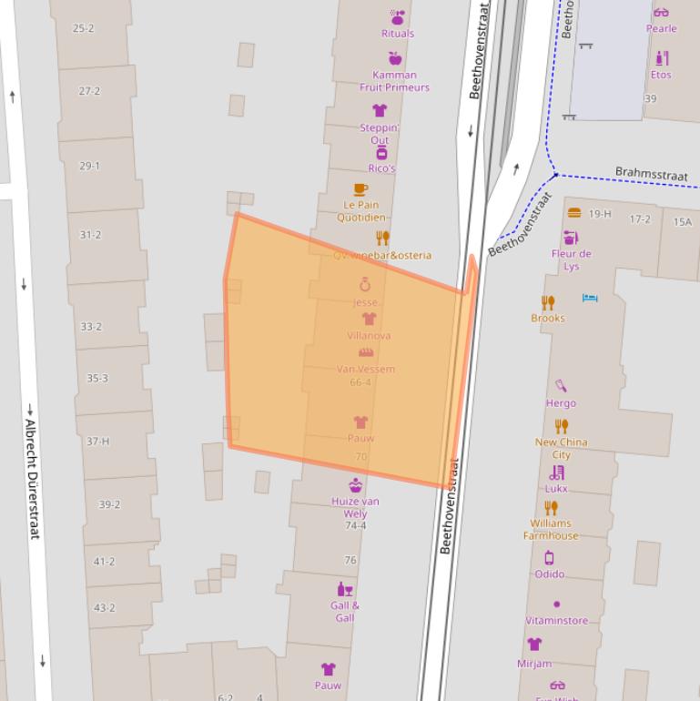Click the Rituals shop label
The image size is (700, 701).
397,34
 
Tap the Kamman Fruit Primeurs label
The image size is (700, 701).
394,81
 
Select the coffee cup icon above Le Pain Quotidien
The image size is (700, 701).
360,189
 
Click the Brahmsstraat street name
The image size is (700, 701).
651,173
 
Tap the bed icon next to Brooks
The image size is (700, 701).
589,299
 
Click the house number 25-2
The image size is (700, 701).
83,28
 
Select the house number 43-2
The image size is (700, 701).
104,607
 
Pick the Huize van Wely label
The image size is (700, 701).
355,507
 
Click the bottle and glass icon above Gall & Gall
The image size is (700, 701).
345,589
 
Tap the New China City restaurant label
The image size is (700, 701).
561,448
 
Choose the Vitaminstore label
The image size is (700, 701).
556,620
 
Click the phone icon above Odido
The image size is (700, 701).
549,558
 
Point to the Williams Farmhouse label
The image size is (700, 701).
550,529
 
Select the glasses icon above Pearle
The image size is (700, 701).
661,12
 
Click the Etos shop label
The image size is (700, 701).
661,75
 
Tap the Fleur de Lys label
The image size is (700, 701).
571,259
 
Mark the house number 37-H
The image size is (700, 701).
97,442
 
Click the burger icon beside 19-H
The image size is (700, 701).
573,213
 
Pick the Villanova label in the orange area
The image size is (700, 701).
369,335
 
